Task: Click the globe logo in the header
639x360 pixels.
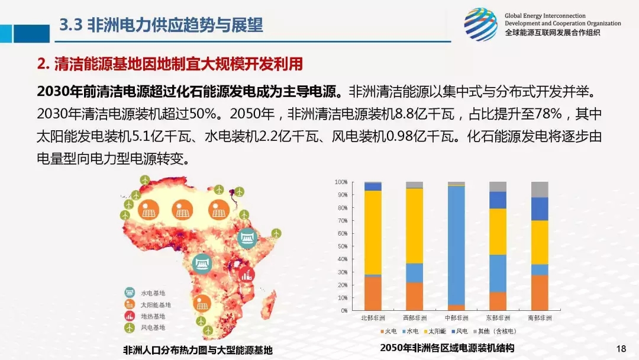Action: tap(480, 24)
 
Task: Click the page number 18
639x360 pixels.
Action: tap(621, 348)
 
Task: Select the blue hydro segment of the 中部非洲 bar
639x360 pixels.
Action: tap(456, 245)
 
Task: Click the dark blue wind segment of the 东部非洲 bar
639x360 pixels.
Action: tap(498, 200)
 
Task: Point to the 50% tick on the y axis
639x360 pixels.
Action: tap(341, 246)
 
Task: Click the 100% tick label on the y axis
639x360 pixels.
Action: tap(340, 182)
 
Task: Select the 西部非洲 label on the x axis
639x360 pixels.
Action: tap(414, 318)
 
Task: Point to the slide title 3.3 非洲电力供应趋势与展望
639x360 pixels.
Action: tap(162, 25)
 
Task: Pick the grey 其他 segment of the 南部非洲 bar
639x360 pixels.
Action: tap(540, 189)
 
